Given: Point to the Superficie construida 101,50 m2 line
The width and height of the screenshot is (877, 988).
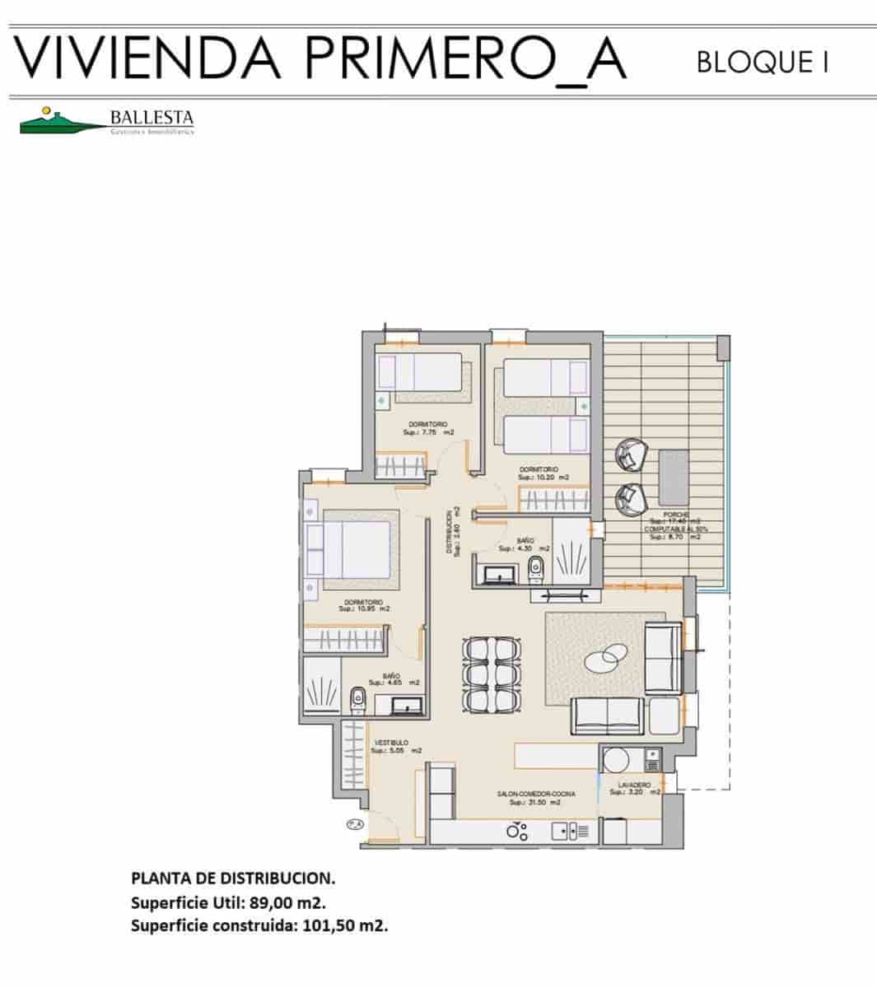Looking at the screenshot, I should click(x=259, y=925).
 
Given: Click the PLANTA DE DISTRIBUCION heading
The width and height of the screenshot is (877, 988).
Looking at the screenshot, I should click(x=233, y=878).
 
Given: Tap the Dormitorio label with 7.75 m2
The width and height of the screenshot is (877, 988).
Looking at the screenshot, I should click(x=428, y=427).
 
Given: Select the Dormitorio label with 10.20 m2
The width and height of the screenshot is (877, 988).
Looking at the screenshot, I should click(x=543, y=473).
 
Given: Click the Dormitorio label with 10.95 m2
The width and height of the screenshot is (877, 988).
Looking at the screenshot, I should click(x=364, y=605).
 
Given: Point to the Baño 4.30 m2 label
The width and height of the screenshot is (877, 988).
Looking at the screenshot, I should click(x=525, y=544).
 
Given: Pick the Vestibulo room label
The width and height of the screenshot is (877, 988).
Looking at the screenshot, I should click(x=390, y=746).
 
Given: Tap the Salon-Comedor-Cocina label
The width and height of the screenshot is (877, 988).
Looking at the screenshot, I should click(x=535, y=797).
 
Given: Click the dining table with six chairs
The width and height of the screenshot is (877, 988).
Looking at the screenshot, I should click(x=492, y=675).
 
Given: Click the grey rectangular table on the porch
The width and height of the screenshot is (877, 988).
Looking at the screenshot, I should click(x=674, y=478).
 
